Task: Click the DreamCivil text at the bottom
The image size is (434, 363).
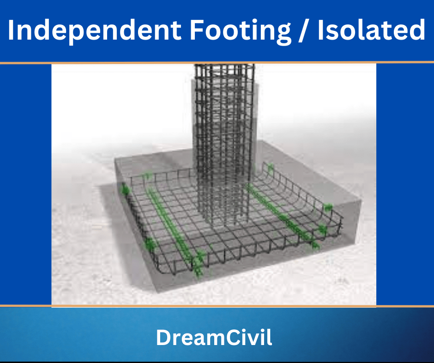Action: click(x=214, y=338)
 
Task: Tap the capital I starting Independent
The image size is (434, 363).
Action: click(x=12, y=30)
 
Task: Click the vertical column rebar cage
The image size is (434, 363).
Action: click(x=224, y=138)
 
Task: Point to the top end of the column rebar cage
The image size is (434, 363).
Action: click(x=224, y=68)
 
